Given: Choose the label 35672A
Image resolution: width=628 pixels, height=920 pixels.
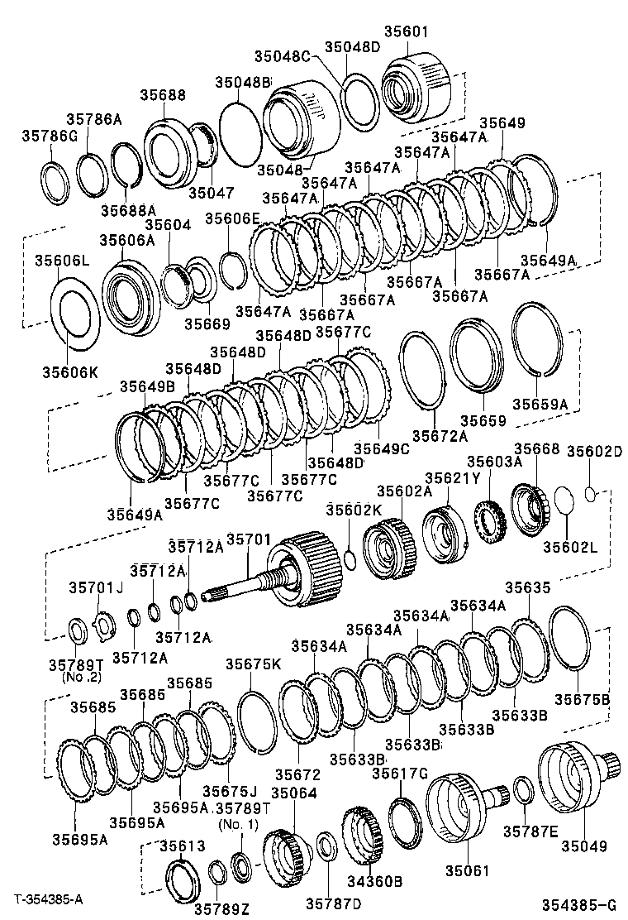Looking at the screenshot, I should click(x=440, y=436).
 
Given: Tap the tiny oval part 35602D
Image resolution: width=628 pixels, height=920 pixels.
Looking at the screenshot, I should click(x=590, y=494).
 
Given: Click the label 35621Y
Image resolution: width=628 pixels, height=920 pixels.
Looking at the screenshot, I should click(x=452, y=478).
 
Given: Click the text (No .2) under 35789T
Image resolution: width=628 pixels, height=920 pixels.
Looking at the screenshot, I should click(x=80, y=677).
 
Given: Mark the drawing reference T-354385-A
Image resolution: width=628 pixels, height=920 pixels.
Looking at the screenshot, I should click(x=48, y=898).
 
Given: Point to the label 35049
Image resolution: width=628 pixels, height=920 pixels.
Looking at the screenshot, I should click(x=586, y=846).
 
